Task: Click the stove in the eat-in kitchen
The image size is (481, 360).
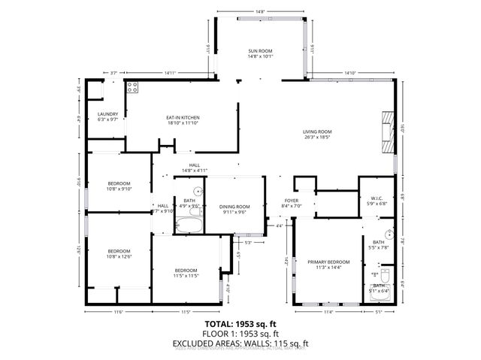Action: click(x=132, y=86)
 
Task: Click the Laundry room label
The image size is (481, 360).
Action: click(x=108, y=114)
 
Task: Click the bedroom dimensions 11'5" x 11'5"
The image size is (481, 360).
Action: click(x=186, y=276)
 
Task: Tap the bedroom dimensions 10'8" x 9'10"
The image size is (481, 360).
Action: click(x=119, y=189)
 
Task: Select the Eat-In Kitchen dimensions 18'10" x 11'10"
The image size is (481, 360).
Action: click(x=183, y=123)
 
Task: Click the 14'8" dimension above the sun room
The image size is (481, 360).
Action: click(x=259, y=12)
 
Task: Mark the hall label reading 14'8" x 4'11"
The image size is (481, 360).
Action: click(x=194, y=171)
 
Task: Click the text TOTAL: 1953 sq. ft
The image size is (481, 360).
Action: click(x=240, y=323)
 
